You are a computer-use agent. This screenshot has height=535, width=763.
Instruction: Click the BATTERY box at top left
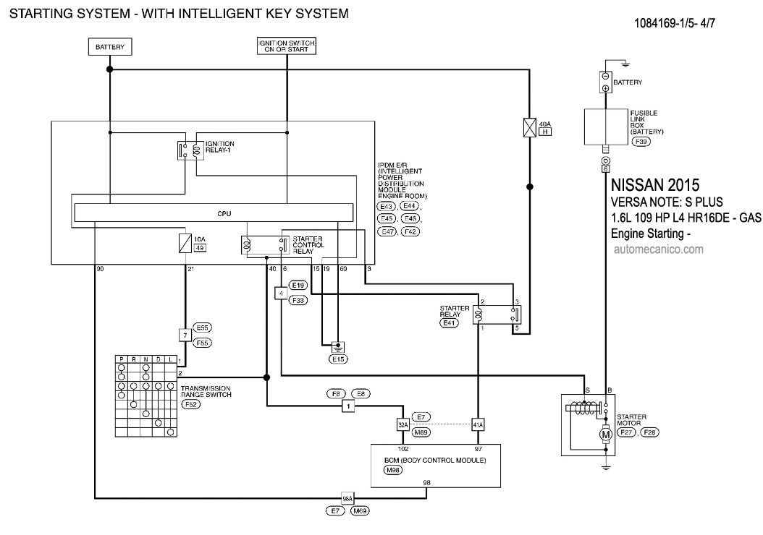(110, 48)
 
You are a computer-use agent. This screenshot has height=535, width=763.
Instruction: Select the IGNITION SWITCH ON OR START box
(287, 47)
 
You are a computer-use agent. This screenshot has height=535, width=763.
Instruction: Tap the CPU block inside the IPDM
(214, 213)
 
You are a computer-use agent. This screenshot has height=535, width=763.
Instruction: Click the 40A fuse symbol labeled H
(530, 128)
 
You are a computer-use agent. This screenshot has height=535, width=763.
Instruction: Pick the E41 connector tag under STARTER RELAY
(450, 323)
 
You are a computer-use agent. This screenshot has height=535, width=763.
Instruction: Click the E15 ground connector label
(338, 359)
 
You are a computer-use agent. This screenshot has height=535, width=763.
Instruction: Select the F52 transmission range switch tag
(191, 405)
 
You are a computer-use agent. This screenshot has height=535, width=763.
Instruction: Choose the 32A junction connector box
(402, 424)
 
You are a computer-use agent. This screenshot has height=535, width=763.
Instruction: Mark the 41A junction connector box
(477, 424)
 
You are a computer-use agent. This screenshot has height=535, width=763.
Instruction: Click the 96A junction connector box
(347, 498)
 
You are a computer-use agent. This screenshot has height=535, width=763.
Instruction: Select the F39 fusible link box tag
(640, 142)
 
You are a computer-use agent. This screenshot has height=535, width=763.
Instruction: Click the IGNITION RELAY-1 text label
(219, 146)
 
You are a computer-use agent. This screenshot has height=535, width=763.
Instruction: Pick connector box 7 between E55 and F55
(185, 335)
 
